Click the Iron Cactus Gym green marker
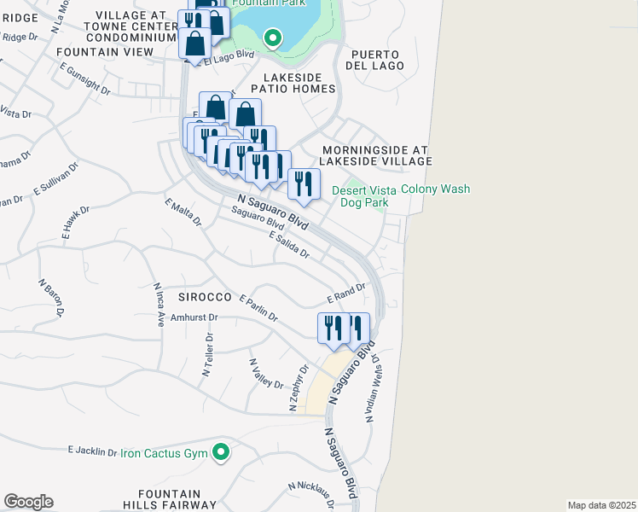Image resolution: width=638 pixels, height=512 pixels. (x=221, y=452)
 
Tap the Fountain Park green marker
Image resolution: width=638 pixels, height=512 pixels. (x=272, y=38)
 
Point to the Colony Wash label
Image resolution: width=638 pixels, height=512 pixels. (x=435, y=189)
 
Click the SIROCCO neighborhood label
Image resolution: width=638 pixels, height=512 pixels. (x=206, y=296)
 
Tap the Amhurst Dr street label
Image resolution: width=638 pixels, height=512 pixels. (x=195, y=317)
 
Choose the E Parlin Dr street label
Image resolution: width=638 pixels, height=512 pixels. (x=259, y=308)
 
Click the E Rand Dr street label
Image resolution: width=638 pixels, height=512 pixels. (x=346, y=294)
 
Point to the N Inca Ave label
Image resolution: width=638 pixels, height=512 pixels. (x=158, y=305)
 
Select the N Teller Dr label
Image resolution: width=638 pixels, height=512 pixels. (x=206, y=355)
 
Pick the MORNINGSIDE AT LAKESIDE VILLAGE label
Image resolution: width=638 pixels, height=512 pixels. (x=375, y=154)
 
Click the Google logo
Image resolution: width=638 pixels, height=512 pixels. (x=28, y=502)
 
